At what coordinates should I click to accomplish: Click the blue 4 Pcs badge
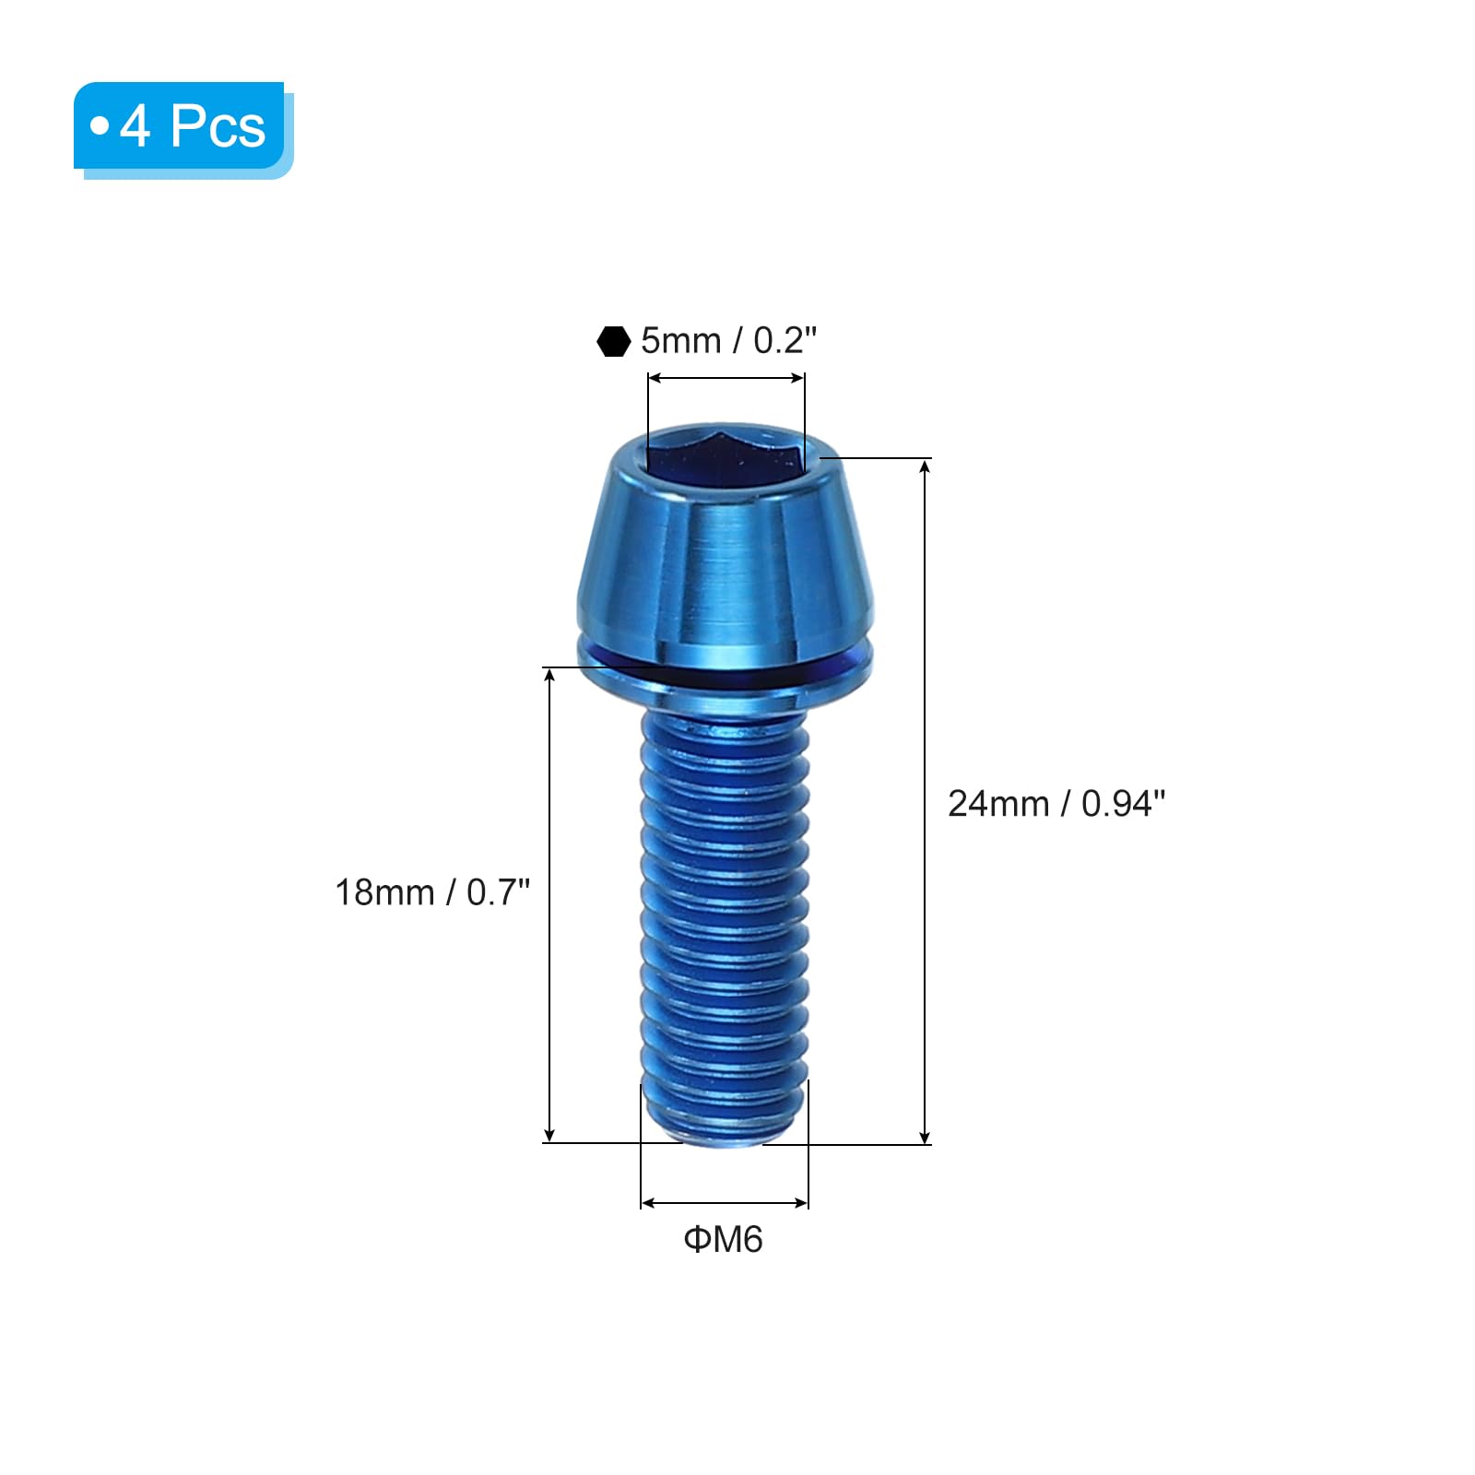[183, 130]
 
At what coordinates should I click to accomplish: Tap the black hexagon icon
[613, 341]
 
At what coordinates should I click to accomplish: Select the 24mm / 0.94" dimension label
[1056, 804]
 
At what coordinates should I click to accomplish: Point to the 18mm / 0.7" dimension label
[432, 892]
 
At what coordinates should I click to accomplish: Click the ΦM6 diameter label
[724, 1240]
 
